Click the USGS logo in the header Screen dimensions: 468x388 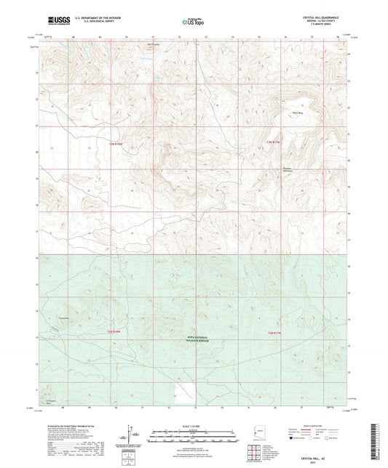[55, 21]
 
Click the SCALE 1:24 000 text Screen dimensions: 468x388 [194, 426]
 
